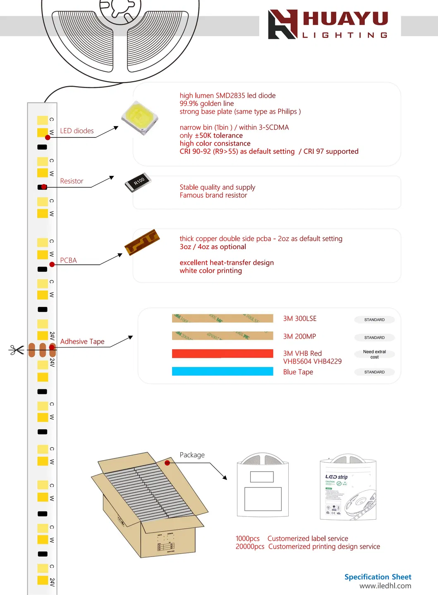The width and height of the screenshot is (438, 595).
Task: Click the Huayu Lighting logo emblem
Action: (x=283, y=24)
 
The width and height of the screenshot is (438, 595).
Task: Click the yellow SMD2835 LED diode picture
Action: (x=140, y=118)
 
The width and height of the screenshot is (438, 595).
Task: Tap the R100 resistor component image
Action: (x=138, y=182)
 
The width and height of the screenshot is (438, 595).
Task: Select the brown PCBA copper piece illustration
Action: (x=142, y=242)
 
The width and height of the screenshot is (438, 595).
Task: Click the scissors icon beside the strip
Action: (x=17, y=350)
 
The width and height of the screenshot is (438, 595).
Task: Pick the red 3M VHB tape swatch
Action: (x=223, y=353)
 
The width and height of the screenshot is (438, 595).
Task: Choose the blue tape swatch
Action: (x=223, y=371)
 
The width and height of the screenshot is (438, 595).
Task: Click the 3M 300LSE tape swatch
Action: (x=223, y=318)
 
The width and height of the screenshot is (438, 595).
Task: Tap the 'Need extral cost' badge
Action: (x=374, y=354)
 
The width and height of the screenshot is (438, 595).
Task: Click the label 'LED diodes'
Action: (x=77, y=131)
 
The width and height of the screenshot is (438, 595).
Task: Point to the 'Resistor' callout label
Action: (x=72, y=181)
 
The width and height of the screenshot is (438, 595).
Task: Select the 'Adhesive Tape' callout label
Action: (x=82, y=341)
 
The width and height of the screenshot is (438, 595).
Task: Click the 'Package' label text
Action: (x=192, y=455)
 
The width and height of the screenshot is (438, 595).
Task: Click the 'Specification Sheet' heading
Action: (x=378, y=577)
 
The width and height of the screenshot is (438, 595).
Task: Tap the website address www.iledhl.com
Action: (x=385, y=586)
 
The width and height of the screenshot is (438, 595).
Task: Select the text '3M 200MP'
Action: (x=299, y=336)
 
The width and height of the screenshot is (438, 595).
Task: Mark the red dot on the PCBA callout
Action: (x=52, y=264)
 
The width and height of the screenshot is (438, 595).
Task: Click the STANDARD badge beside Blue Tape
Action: (x=374, y=372)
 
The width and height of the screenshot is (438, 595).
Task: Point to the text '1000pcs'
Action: (x=248, y=538)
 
